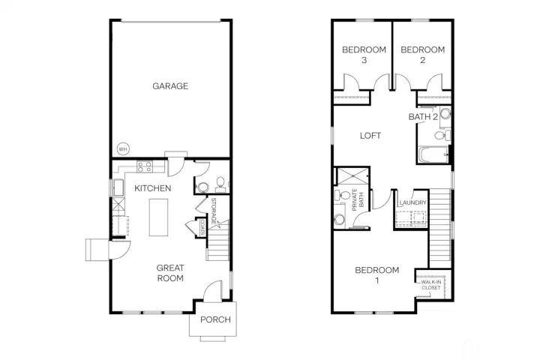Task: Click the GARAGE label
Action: pos(170,86)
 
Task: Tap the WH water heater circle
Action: pos(121,148)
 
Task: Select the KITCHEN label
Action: pos(153,188)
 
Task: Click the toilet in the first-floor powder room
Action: pos(220,184)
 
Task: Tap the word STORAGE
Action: pos(214,212)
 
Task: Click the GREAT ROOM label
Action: pos(171,273)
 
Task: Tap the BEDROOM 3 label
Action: pos(364,55)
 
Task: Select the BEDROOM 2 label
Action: pos(422,55)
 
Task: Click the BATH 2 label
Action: pos(423,117)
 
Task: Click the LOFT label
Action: pos(370,136)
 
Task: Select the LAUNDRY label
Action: pos(413,203)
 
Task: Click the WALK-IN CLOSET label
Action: pos(430,285)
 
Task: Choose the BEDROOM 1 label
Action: pos(376,275)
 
